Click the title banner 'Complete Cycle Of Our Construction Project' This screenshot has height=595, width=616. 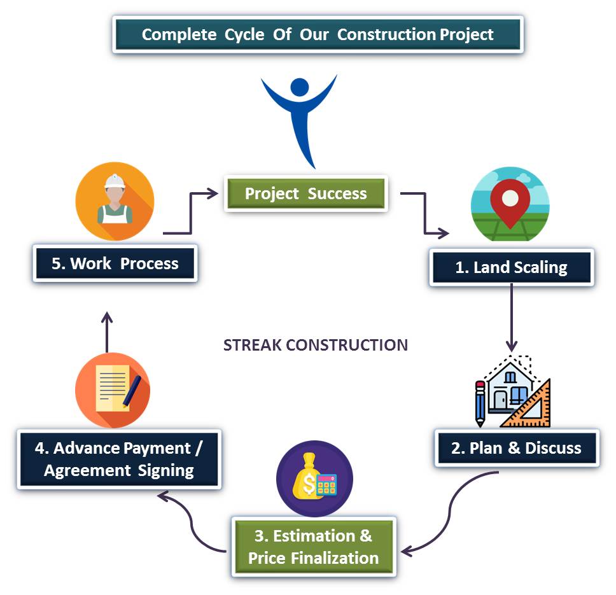(318, 34)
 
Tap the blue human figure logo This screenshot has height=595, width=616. (299, 115)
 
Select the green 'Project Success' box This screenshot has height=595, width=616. (306, 193)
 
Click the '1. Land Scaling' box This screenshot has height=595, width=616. (512, 267)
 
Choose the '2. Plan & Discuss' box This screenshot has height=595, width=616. (516, 448)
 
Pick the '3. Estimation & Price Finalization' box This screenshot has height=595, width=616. (313, 547)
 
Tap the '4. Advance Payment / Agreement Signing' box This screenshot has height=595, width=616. (118, 459)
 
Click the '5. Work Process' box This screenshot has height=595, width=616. (115, 263)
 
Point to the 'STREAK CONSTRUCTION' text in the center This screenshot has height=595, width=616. (316, 345)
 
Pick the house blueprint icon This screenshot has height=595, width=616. (513, 393)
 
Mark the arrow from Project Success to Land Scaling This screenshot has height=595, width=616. (424, 213)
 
